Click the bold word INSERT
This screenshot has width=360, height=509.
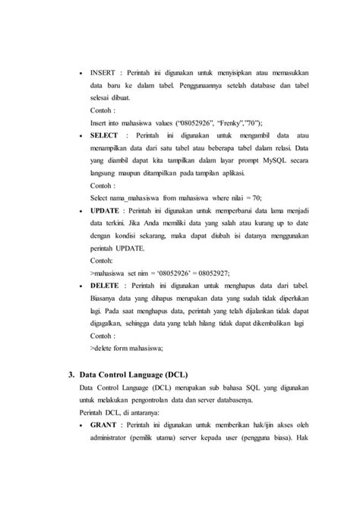(x=103, y=72)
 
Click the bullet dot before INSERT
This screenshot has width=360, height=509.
(x=81, y=73)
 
